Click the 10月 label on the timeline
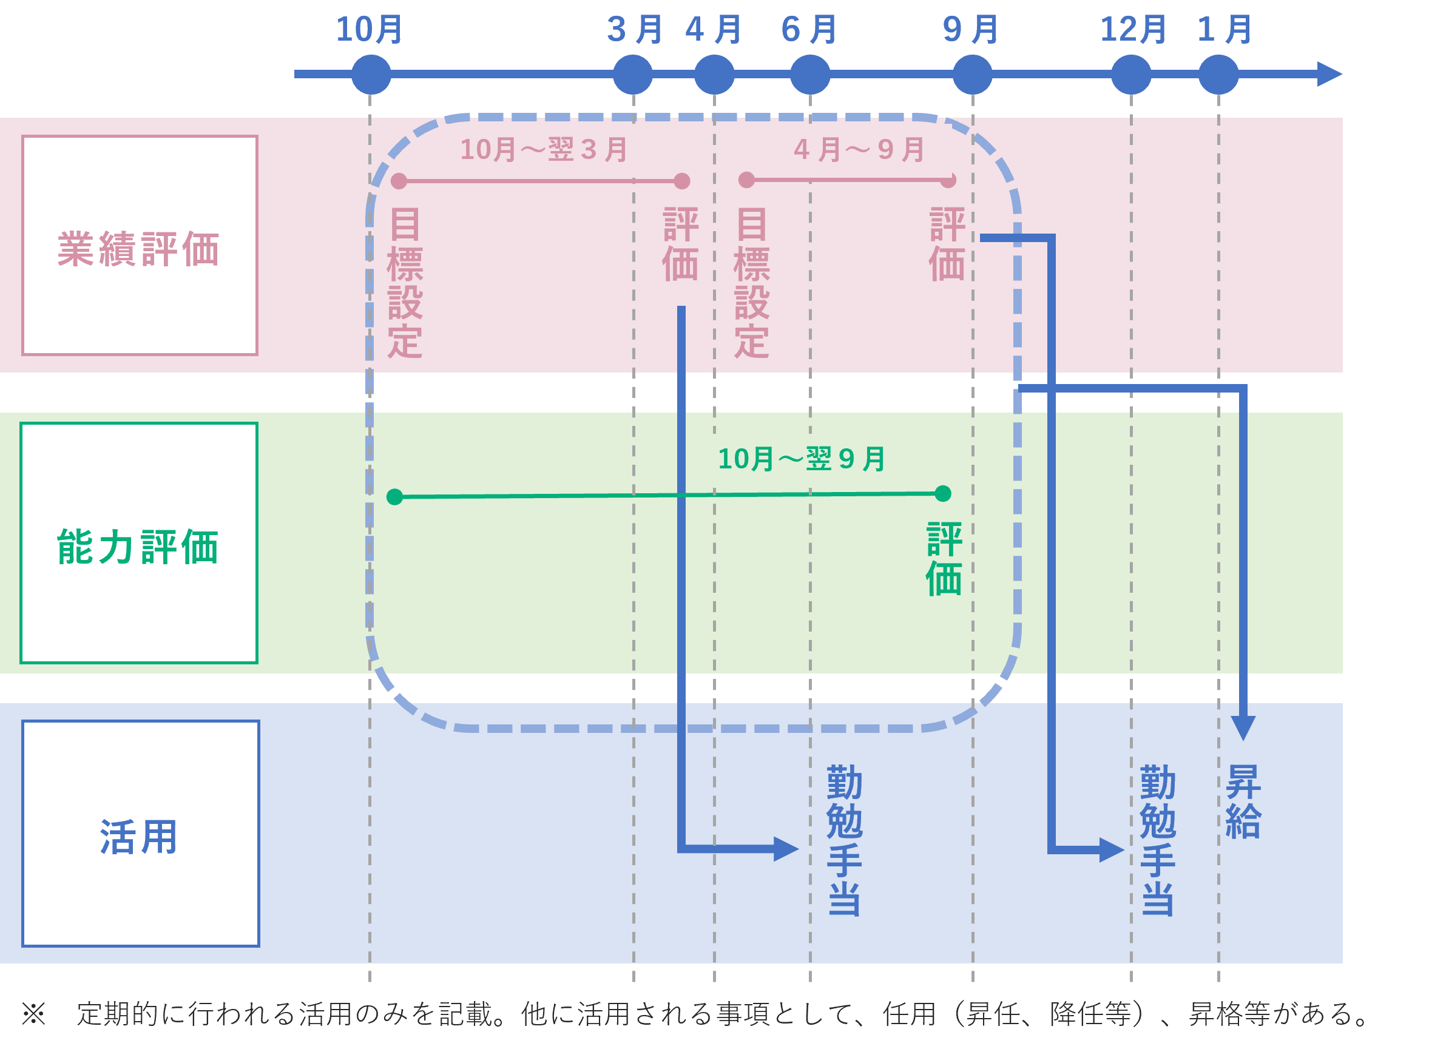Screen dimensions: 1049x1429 pyautogui.click(x=369, y=29)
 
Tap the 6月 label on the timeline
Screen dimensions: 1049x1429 pyautogui.click(x=808, y=29)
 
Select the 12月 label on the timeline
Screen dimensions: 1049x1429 pyautogui.click(x=1133, y=29)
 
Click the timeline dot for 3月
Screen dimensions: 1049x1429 pyautogui.click(x=632, y=74)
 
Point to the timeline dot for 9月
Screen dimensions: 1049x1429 pyautogui.click(x=972, y=74)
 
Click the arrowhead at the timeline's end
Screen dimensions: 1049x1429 pyautogui.click(x=1330, y=74)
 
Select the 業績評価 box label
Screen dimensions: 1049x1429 pyautogui.click(x=139, y=249)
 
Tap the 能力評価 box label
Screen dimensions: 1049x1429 pyautogui.click(x=138, y=547)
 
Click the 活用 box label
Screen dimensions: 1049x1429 pyautogui.click(x=139, y=837)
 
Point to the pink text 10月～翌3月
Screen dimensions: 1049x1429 pyautogui.click(x=544, y=150)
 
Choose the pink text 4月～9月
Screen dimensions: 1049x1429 pyautogui.click(x=859, y=150)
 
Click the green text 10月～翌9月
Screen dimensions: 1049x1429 pyautogui.click(x=802, y=459)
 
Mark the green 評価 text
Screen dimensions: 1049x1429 pyautogui.click(x=944, y=559)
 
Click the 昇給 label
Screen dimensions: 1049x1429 pyautogui.click(x=1243, y=801)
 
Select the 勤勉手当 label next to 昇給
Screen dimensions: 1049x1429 pyautogui.click(x=1158, y=840)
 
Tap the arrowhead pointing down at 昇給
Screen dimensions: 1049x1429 pyautogui.click(x=1243, y=727)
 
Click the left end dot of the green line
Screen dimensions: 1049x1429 pyautogui.click(x=395, y=496)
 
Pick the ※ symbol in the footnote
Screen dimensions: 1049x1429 pyautogui.click(x=33, y=1013)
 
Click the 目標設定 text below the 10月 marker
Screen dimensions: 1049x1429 pyautogui.click(x=405, y=283)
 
